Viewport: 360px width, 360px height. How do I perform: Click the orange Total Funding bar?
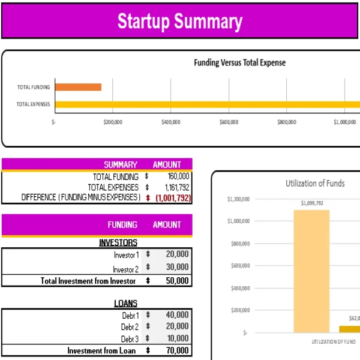pos(78,87)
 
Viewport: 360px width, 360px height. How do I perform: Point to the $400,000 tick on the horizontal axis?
pos(171,122)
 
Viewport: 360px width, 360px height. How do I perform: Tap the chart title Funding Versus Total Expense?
pos(239,62)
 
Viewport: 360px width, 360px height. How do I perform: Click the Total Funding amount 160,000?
pos(178,176)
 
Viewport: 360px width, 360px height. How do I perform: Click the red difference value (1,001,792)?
pos(173,197)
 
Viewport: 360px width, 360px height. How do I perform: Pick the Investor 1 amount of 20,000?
pos(176,254)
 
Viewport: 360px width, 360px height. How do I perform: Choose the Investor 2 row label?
pos(126,269)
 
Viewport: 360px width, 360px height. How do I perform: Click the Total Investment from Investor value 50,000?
pos(176,280)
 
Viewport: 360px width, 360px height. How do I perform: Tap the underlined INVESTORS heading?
pos(118,242)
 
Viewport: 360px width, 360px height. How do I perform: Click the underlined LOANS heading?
pos(125,303)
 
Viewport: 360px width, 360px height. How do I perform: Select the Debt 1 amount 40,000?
pos(176,315)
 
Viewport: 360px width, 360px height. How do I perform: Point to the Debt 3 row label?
pos(130,339)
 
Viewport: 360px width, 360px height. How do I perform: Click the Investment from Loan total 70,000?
pos(176,350)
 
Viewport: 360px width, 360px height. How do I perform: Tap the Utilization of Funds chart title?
pos(314,183)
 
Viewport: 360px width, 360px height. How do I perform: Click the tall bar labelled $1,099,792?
pos(311,270)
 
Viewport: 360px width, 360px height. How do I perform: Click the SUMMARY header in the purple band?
pos(120,164)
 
